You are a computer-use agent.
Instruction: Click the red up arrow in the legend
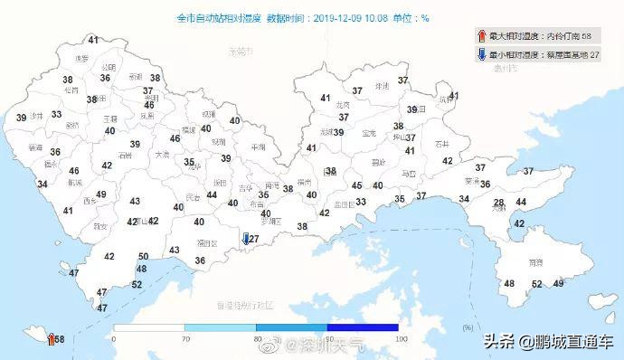click(481, 37)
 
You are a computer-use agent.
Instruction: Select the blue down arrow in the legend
click(481, 55)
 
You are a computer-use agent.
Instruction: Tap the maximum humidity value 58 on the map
click(59, 339)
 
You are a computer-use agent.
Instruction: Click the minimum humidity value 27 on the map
click(254, 239)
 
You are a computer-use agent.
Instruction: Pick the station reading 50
click(142, 257)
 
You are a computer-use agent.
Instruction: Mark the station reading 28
click(498, 203)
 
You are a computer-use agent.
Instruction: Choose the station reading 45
click(357, 185)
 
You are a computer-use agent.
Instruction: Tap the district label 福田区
click(208, 243)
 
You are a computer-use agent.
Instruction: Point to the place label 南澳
click(534, 262)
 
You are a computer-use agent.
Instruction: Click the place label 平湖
click(259, 147)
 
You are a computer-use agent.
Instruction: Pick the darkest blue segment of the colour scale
click(363, 327)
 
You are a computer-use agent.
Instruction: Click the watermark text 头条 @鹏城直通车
click(548, 342)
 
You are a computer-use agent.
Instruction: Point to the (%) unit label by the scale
click(467, 327)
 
